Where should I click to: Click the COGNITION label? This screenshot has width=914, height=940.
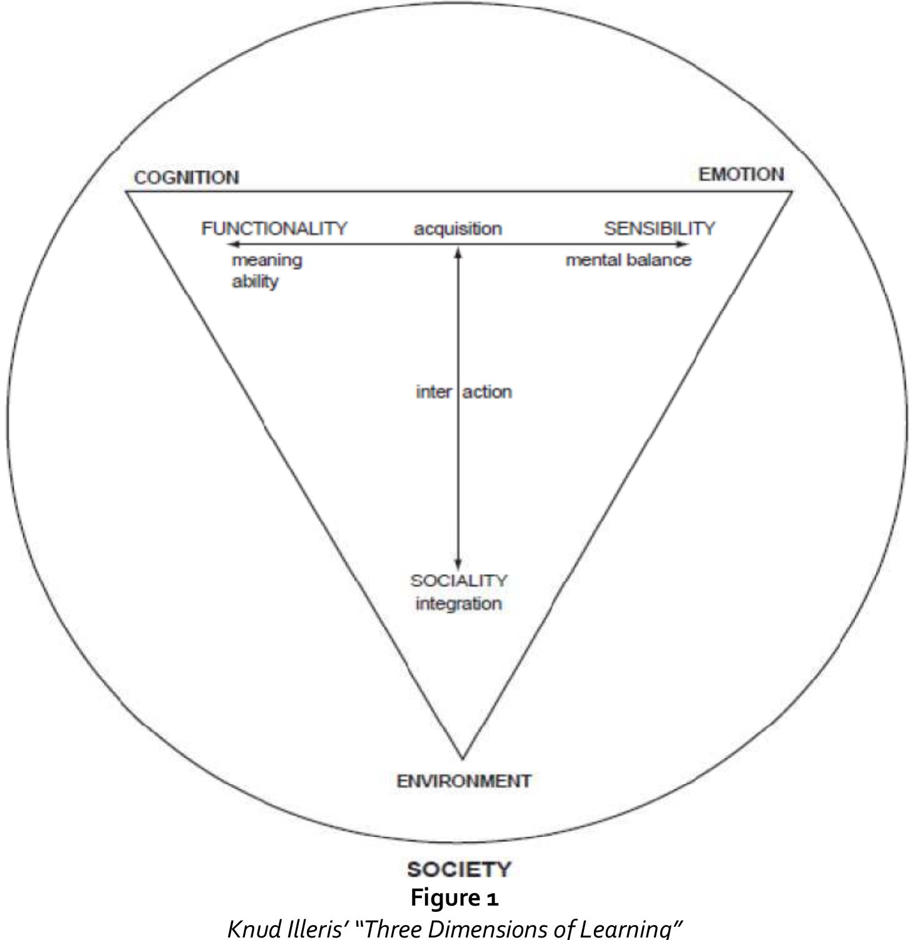[x=186, y=178]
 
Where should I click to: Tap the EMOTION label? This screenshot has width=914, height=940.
[x=741, y=174]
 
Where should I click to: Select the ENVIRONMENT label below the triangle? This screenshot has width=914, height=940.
[x=464, y=781]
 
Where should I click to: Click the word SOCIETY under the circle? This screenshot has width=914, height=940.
[x=459, y=869]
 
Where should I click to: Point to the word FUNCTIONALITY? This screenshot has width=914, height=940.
[x=274, y=228]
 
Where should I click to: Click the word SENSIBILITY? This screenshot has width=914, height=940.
[x=659, y=228]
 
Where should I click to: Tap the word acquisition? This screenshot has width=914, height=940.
[x=458, y=229]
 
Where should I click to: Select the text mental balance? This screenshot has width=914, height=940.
[x=628, y=260]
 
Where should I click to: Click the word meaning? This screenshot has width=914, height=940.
[x=267, y=260]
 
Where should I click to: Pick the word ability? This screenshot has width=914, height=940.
[x=255, y=281]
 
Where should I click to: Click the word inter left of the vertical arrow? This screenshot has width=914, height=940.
[x=434, y=392]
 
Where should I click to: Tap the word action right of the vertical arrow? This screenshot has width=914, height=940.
[x=487, y=392]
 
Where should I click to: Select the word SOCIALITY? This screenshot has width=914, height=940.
[x=459, y=580]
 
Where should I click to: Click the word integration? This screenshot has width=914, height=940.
[x=459, y=604]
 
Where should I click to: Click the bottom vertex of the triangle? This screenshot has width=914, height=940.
[x=463, y=758]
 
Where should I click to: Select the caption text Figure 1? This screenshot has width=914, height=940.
[x=454, y=898]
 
